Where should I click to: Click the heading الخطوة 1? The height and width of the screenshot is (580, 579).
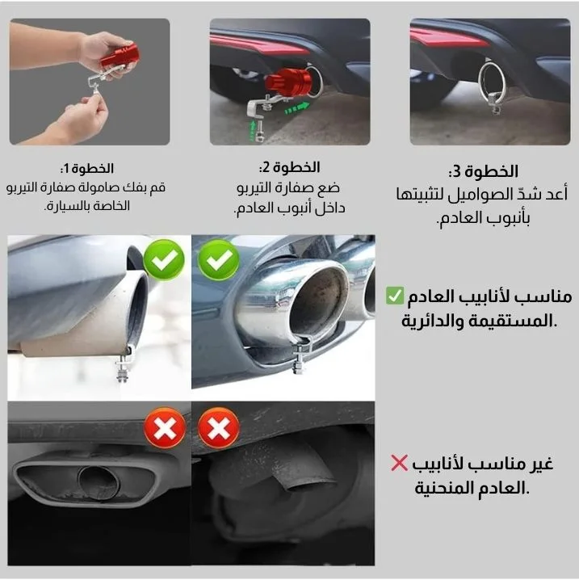pyautogui.click(x=87, y=169)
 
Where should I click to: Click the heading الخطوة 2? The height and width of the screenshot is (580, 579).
pyautogui.click(x=289, y=167)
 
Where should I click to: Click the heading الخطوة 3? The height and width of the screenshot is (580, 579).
pyautogui.click(x=483, y=171)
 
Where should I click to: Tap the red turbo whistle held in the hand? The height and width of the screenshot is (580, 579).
pyautogui.click(x=119, y=56)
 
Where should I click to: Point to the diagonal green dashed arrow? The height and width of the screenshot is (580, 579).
pyautogui.click(x=297, y=108)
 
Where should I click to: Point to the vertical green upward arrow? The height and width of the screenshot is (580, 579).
pyautogui.click(x=253, y=129)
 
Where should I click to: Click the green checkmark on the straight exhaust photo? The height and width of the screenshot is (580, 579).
pyautogui.click(x=164, y=259)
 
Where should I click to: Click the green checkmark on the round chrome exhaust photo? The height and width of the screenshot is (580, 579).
pyautogui.click(x=219, y=259)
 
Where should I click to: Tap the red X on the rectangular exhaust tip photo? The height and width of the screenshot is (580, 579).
pyautogui.click(x=165, y=427)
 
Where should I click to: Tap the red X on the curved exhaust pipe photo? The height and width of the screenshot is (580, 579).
pyautogui.click(x=219, y=427)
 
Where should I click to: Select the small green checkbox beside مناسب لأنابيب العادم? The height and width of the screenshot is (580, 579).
pyautogui.click(x=395, y=296)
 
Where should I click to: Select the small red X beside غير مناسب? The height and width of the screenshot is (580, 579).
pyautogui.click(x=399, y=463)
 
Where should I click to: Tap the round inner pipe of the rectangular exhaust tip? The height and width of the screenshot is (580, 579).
pyautogui.click(x=99, y=481)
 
